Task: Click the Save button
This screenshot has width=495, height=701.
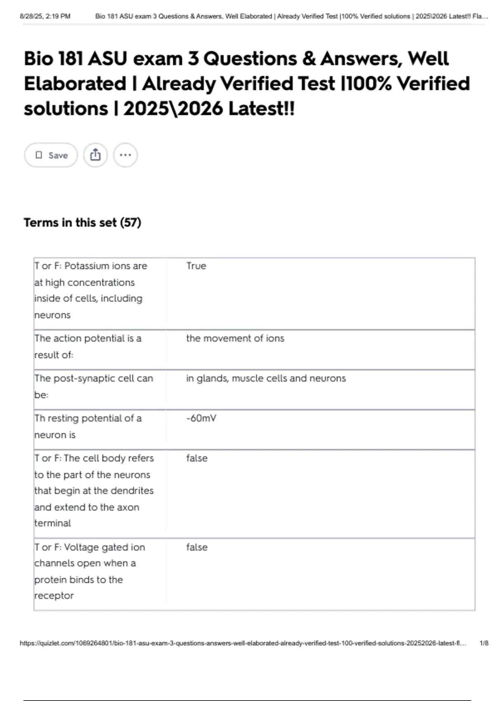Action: pos(51,155)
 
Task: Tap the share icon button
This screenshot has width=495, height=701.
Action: pos(95,155)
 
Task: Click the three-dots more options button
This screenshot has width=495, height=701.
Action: pos(125,155)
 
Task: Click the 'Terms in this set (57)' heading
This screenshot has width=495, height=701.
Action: pos(82,223)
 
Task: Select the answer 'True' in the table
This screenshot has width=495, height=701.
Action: pos(196,266)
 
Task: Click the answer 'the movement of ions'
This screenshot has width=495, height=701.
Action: pos(235,338)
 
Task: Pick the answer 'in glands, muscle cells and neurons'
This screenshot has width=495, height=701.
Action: pos(266,378)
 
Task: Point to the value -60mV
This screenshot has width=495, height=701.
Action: pos(201,418)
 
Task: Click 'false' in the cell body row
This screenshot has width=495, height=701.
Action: pos(197,458)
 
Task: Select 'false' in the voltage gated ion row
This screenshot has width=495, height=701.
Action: pos(197,547)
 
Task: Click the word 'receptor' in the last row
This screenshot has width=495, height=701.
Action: pos(54,595)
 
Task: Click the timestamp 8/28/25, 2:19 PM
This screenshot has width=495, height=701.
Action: pos(45,16)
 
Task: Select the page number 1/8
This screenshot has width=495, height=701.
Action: pos(484,643)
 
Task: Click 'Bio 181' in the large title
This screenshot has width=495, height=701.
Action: pos(54,59)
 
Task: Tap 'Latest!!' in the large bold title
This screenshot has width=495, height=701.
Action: pos(262,109)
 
